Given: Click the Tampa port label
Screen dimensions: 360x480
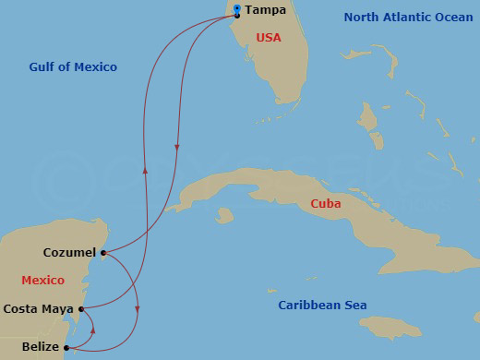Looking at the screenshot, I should [264, 11].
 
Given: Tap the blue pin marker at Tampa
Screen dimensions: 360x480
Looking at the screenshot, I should [237, 9].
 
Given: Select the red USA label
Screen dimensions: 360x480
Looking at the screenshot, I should [268, 38].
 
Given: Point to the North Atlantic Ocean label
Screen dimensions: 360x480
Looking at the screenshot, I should [407, 17].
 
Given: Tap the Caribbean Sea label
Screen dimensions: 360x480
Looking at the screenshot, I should [323, 306].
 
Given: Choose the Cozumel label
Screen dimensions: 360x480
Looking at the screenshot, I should [69, 252].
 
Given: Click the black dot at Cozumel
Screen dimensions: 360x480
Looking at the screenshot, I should [102, 252].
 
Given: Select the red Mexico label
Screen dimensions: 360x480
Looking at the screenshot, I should [42, 280].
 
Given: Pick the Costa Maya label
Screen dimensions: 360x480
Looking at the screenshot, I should [39, 308].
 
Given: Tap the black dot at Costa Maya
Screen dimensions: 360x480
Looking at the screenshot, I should [81, 309].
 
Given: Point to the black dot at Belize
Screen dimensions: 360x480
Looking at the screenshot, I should [66, 348].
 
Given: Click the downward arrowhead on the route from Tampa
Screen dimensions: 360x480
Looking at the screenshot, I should [176, 146].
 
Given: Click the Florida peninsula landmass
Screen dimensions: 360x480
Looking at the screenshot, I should [277, 65].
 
